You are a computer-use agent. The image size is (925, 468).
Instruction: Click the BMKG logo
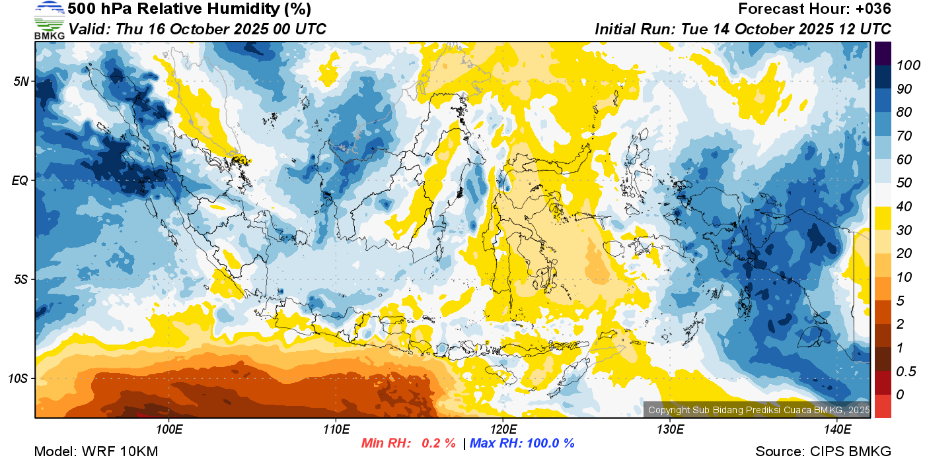[x=49, y=20]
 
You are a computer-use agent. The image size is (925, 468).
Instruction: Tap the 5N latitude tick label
[x=20, y=81]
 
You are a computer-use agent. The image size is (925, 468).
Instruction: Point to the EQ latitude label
[x=20, y=180]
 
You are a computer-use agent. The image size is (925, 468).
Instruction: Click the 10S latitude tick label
[x=18, y=379]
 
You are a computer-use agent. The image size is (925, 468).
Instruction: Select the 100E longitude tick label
[x=169, y=430]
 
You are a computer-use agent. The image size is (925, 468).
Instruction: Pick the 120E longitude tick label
[x=503, y=430]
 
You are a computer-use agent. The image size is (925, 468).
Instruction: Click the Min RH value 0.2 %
[x=438, y=444]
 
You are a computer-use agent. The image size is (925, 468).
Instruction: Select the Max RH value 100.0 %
[x=549, y=444]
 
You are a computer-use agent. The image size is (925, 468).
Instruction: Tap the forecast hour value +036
[x=873, y=9]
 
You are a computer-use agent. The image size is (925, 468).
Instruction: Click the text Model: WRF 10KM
[x=96, y=452]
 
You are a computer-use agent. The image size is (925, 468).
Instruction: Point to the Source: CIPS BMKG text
[x=823, y=452]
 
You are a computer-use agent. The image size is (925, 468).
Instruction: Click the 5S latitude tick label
[x=20, y=280]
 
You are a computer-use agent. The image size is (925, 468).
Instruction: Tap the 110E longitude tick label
[x=336, y=430]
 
